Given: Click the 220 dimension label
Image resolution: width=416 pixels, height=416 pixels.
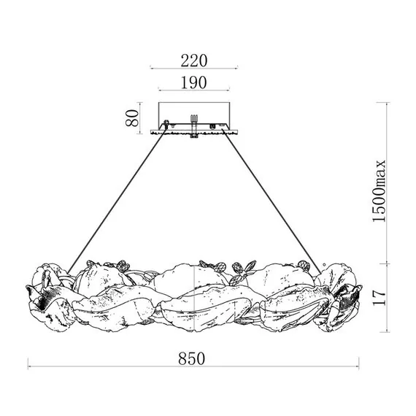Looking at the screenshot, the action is click(193, 61).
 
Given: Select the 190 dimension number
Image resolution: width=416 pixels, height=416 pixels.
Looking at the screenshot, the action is click(193, 82).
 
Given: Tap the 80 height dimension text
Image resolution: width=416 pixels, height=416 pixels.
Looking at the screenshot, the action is click(132, 118).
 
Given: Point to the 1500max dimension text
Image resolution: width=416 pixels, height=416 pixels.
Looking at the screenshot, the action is click(379, 190).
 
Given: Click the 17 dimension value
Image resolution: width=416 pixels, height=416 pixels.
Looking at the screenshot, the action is click(379, 298).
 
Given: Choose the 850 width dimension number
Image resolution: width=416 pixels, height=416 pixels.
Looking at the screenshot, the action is click(191, 358).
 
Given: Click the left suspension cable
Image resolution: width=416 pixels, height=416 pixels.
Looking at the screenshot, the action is click(117, 201).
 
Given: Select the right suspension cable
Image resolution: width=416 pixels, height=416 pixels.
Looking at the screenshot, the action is click(272, 201).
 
